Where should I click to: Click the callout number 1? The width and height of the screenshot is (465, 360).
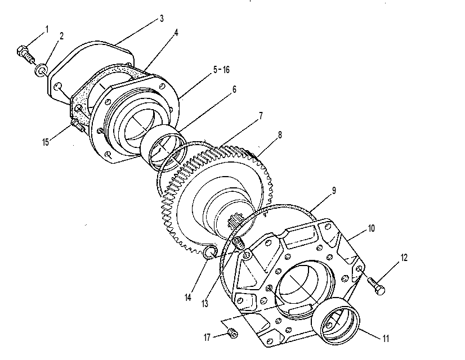click(47, 29)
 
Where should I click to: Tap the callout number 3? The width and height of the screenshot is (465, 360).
click(162, 19)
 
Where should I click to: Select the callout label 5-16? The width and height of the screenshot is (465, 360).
click(221, 70)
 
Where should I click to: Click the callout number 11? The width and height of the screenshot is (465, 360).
click(385, 339)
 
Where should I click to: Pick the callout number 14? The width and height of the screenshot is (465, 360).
click(188, 298)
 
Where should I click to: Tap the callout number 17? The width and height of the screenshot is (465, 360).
click(207, 337)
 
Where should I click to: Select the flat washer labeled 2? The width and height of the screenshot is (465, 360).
click(41, 70)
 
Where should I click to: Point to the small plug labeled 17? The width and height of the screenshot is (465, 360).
click(233, 333)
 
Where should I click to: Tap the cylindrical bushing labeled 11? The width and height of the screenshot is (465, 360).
click(336, 321)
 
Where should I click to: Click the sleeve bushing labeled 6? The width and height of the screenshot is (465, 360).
click(163, 147)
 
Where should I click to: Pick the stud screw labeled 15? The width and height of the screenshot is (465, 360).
click(77, 125)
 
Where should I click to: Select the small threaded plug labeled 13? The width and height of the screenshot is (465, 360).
click(239, 244)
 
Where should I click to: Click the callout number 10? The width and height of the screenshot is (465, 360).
click(372, 228)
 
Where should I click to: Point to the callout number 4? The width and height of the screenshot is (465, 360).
click(176, 33)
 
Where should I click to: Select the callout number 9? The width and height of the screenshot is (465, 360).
click(334, 191)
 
